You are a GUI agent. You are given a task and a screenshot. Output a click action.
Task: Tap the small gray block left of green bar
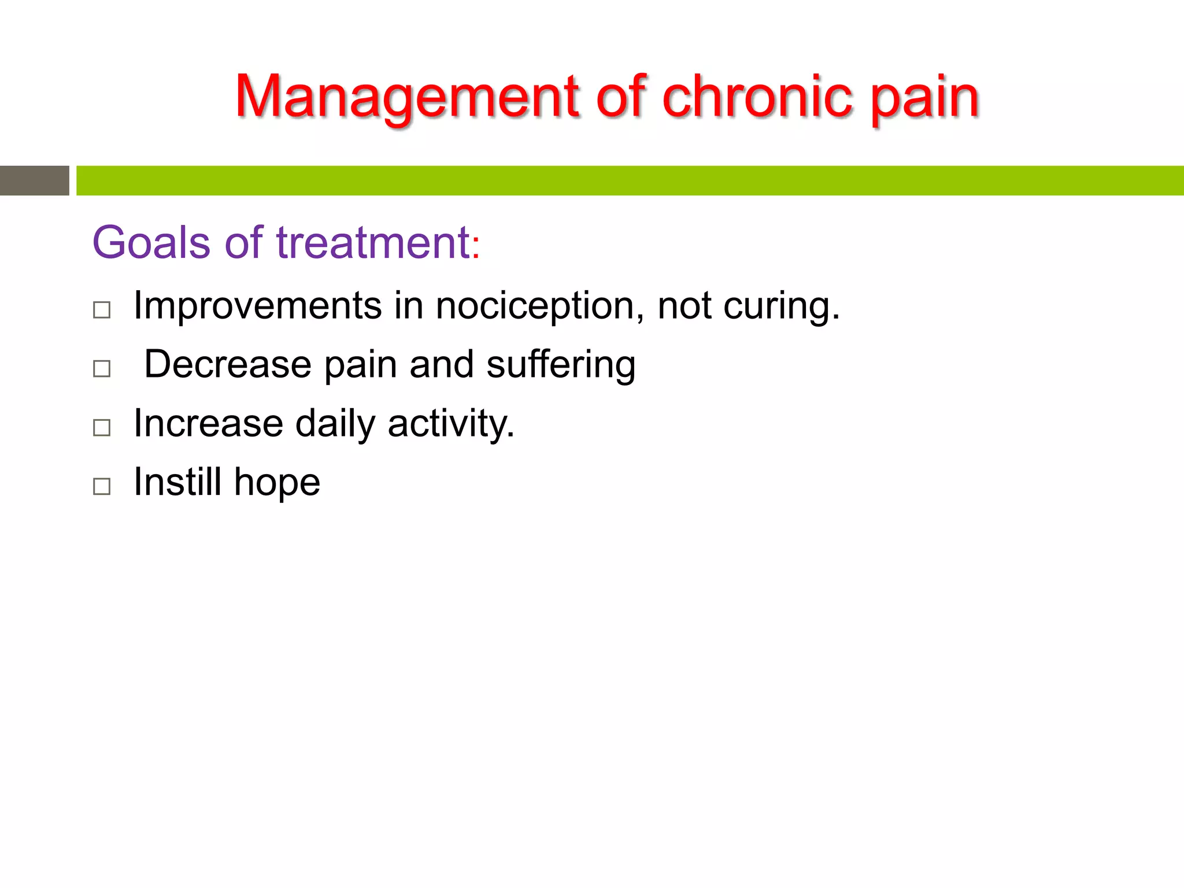[x=34, y=180]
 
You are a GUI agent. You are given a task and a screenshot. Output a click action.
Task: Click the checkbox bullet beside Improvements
[x=102, y=310]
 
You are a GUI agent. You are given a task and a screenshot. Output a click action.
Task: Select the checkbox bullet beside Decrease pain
[x=102, y=368]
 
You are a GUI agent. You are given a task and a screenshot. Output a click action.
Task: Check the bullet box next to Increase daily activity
[x=102, y=427]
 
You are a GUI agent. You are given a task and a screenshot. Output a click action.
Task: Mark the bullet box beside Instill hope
[x=102, y=486]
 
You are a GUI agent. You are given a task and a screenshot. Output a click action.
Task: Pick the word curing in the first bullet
[x=777, y=306]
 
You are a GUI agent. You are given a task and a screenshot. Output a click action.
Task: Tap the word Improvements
[x=257, y=306]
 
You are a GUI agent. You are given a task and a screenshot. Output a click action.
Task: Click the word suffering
[x=560, y=365]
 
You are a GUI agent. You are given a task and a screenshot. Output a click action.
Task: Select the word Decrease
[x=228, y=365]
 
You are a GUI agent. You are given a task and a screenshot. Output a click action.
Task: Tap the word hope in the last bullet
[x=277, y=483]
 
